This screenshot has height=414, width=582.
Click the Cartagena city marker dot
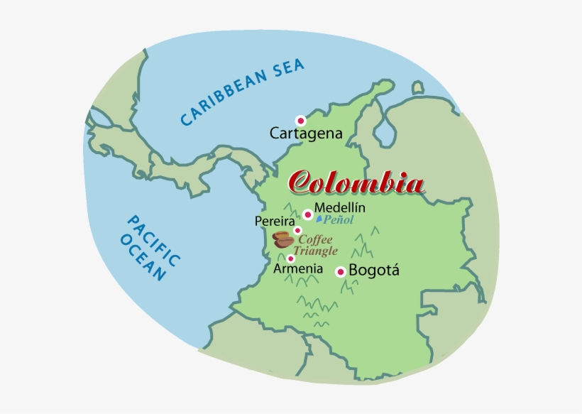click(x=301, y=121)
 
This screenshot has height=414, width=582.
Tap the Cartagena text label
click(x=306, y=133)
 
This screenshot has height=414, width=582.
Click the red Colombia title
click(x=356, y=183)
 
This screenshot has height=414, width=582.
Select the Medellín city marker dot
click(x=308, y=214)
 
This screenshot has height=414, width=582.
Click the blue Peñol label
click(x=338, y=220)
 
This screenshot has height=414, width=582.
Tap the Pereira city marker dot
click(x=297, y=230)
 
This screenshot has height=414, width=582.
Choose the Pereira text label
click(x=275, y=222)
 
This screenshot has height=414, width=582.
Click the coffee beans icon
click(x=284, y=239)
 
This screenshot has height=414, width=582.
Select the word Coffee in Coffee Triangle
click(x=316, y=239)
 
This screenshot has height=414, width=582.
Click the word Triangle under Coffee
click(x=316, y=251)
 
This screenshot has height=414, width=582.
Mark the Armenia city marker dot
click(x=291, y=258)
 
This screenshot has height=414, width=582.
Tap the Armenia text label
click(x=298, y=270)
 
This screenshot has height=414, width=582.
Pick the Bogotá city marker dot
click(x=341, y=271)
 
